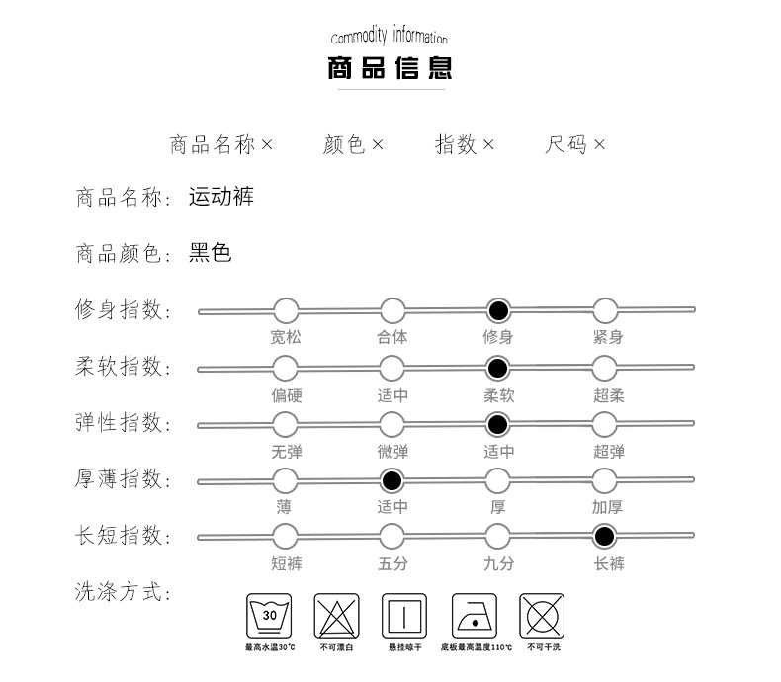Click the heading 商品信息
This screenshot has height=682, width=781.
click(x=390, y=69)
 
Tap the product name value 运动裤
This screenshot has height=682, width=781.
click(x=221, y=196)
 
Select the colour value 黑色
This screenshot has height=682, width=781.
click(x=210, y=253)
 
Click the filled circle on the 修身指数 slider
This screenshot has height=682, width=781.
click(x=498, y=311)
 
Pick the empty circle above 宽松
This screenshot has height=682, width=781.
click(x=285, y=311)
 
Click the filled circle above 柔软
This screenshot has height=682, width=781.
click(x=498, y=369)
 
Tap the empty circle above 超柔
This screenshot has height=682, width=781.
click(x=606, y=369)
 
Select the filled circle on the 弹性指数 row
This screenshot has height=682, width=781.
click(x=498, y=425)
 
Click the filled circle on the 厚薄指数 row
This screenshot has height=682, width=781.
click(x=392, y=481)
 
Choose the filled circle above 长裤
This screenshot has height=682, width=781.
click(x=606, y=538)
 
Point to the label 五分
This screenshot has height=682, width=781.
click(x=392, y=563)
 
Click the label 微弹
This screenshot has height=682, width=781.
click(x=392, y=452)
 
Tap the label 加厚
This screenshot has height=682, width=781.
click(x=607, y=507)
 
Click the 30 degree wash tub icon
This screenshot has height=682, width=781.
click(x=270, y=616)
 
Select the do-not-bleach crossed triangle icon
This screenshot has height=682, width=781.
click(x=335, y=616)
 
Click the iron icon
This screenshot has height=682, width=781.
click(x=475, y=616)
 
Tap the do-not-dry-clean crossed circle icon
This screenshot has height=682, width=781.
click(x=543, y=616)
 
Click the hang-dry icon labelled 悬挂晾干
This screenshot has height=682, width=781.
click(x=404, y=616)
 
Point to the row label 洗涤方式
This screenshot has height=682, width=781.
click(x=123, y=593)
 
